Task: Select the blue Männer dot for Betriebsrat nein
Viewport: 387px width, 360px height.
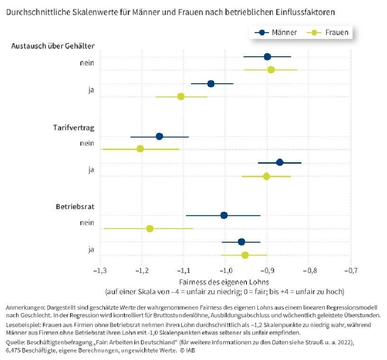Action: (x=224, y=216)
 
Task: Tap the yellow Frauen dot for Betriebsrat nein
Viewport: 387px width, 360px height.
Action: (x=150, y=228)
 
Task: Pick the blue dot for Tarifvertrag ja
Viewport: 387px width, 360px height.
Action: (x=280, y=162)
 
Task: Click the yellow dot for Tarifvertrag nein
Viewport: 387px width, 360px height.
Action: (x=140, y=149)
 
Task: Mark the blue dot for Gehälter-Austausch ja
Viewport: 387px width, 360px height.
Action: (x=211, y=84)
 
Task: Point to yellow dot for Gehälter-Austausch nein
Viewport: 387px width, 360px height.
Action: (x=271, y=70)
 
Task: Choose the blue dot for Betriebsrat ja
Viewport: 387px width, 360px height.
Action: (x=241, y=242)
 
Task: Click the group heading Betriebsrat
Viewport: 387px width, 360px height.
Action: (x=75, y=207)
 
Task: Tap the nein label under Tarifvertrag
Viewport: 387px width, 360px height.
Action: (x=87, y=143)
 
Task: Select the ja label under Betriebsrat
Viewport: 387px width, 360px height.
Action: (x=91, y=249)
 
